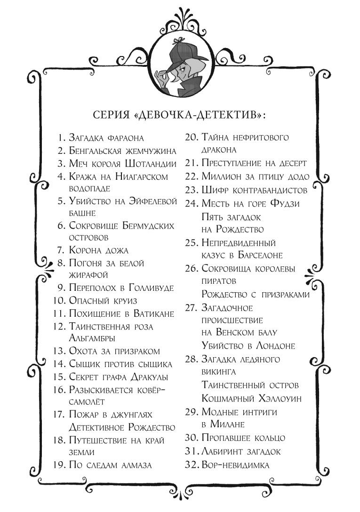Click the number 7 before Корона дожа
tap(62, 250)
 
